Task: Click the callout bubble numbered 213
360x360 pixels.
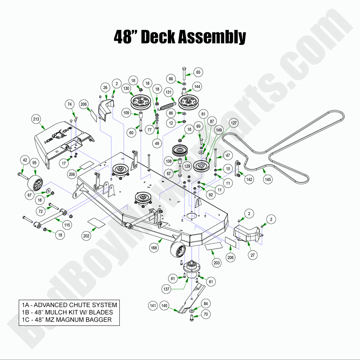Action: point(36,119)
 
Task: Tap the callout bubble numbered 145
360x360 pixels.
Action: point(268,180)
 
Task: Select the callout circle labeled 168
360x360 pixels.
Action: point(154,248)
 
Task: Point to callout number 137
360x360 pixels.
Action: point(166,289)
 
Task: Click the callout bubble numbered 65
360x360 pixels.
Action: point(198,73)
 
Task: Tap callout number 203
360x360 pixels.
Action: point(217,263)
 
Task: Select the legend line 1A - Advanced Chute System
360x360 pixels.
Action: point(69,305)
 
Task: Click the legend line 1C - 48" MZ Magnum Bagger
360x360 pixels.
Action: point(66,320)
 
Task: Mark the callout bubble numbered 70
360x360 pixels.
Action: point(206,314)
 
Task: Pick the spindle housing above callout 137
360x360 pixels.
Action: point(191,269)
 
